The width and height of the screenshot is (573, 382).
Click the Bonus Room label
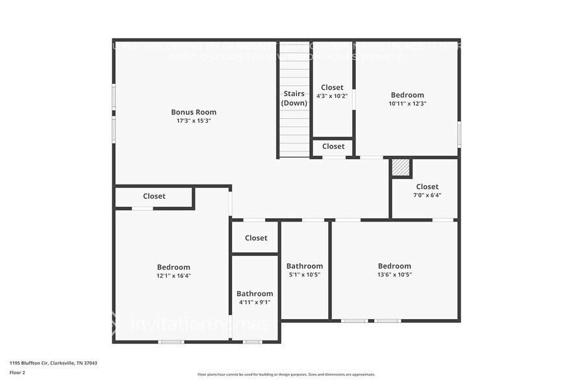[x=194, y=112]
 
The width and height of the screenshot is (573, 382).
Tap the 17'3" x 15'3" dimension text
[x=194, y=121]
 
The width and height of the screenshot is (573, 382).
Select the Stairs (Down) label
[x=294, y=98]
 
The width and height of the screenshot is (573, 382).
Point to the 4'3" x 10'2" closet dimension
[x=332, y=96]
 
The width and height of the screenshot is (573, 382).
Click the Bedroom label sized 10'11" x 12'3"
[x=407, y=95]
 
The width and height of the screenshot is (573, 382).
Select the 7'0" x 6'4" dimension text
[x=427, y=195]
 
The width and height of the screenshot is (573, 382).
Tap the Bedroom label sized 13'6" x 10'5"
[x=394, y=266]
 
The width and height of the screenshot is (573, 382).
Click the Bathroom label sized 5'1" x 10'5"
[x=305, y=266]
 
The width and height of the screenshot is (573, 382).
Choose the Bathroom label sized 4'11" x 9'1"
[x=255, y=294]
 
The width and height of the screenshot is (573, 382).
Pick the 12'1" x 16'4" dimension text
[x=173, y=275]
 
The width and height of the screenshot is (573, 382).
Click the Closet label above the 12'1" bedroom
[x=154, y=196]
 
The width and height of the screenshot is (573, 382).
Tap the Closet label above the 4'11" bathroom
[x=256, y=238]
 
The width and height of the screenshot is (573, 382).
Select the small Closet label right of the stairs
[x=333, y=147]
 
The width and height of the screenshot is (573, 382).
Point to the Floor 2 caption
[x=17, y=372]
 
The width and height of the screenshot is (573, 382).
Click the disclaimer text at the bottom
[x=286, y=374]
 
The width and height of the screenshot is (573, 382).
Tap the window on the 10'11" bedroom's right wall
[x=459, y=134]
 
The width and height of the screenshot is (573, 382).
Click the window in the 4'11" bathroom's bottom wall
[x=252, y=342]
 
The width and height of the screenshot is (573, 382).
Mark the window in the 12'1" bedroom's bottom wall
[x=171, y=342]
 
